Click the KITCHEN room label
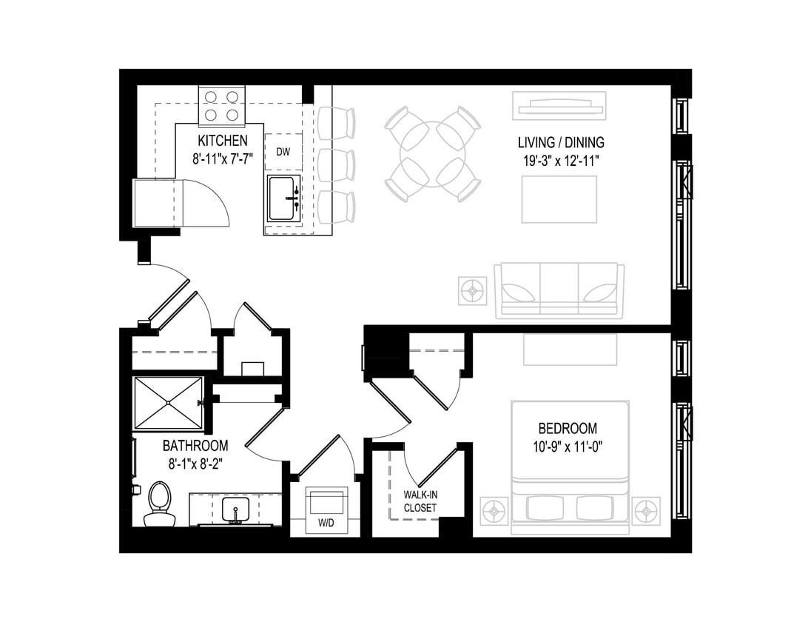(x=222, y=140)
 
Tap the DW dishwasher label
(x=283, y=152)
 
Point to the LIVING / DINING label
(x=561, y=142)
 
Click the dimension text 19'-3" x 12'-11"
(x=561, y=159)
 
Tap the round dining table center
(x=433, y=154)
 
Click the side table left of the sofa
(x=473, y=290)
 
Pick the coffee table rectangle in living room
(x=559, y=199)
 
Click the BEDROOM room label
(x=568, y=429)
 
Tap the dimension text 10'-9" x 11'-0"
(x=568, y=447)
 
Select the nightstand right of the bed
(x=646, y=511)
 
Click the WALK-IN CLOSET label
(x=420, y=501)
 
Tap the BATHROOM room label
(x=195, y=446)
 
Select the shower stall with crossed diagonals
(x=168, y=403)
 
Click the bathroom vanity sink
(x=236, y=511)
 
